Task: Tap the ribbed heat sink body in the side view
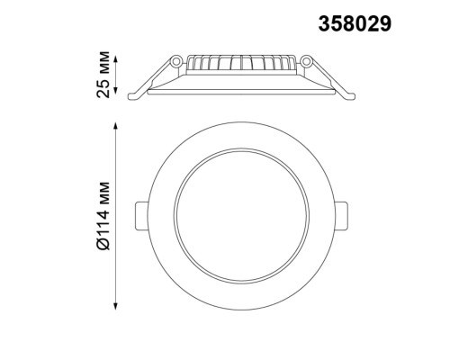[240, 66]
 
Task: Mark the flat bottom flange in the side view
[240, 90]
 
